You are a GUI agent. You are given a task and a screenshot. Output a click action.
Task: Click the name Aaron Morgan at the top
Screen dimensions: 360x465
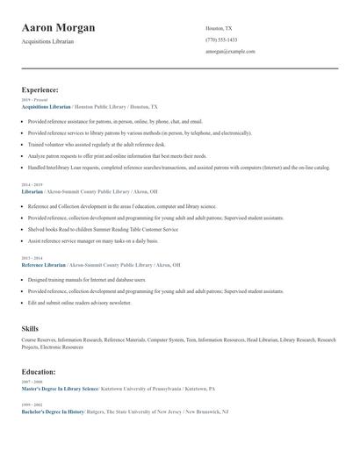[59, 28]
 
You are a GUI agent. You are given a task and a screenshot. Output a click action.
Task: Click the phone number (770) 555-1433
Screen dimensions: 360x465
[221, 39]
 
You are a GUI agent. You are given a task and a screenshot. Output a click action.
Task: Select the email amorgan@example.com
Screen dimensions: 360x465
[230, 51]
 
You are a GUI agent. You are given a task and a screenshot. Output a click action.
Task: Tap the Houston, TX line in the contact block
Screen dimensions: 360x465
[219, 28]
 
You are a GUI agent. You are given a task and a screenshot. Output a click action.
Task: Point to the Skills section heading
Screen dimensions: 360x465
[31, 328]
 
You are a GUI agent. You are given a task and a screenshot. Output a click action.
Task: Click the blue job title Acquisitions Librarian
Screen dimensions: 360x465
[46, 106]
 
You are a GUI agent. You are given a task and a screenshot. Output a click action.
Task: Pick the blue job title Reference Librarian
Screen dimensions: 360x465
[44, 264]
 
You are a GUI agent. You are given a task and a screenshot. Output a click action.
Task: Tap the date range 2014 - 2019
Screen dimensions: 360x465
[31, 184]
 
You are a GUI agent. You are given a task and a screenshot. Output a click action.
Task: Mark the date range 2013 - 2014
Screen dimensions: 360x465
[31, 258]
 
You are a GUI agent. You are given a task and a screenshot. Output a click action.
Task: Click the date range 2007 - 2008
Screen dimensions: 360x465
[31, 383]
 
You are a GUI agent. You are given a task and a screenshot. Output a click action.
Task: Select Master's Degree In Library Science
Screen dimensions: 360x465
[60, 389]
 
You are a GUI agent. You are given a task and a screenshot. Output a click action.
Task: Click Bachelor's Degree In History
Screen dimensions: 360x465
[53, 411]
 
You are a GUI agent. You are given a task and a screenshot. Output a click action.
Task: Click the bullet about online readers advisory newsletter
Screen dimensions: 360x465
[80, 302]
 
